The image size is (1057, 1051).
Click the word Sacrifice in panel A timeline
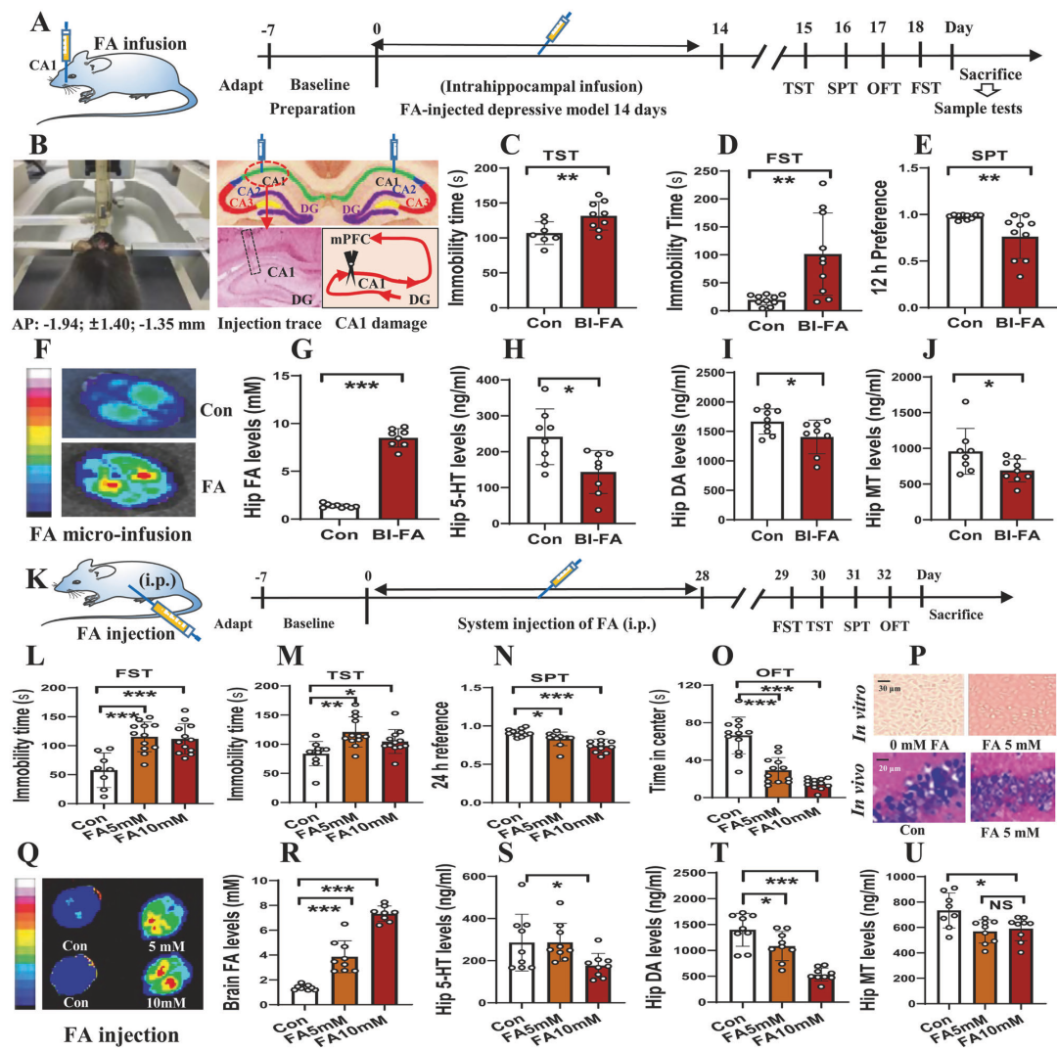pos(991,74)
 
